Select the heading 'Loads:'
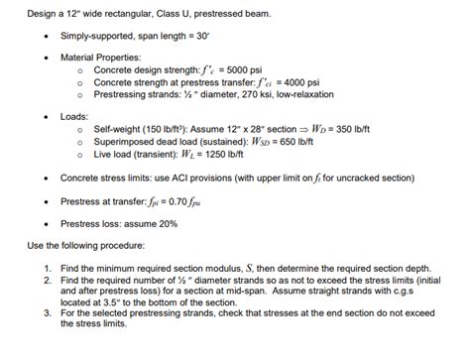coord(75,116)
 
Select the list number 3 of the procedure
coord(47,313)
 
